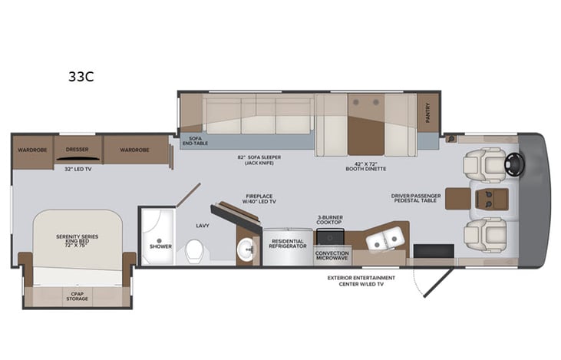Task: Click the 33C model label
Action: pyautogui.click(x=81, y=77)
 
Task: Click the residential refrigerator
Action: pyautogui.click(x=286, y=247)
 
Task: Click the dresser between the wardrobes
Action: pyautogui.click(x=78, y=150)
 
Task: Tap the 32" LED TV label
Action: pyautogui.click(x=78, y=169)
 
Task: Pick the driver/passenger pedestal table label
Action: pyautogui.click(x=416, y=200)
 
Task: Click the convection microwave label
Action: pyautogui.click(x=332, y=256)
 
